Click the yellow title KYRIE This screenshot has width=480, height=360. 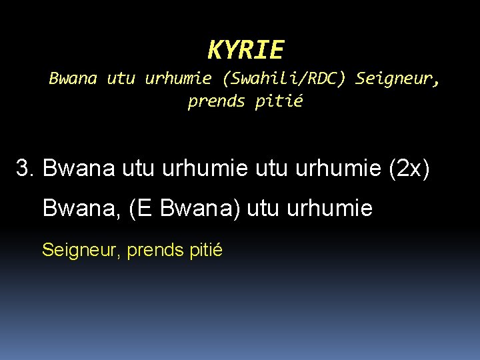pos(245,49)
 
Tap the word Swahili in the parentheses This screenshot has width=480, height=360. pos(263,79)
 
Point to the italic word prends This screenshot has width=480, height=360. pos(217,102)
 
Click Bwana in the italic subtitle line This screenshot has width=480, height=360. pos(73,79)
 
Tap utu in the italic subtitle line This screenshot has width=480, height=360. pos(121,79)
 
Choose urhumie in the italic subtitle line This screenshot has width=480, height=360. pos(178,79)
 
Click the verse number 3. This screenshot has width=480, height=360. pos(25,169)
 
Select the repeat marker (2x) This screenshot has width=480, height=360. pos(409,169)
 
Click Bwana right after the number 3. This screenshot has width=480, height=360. pos(79,169)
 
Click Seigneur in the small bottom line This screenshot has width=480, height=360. pos(80,251)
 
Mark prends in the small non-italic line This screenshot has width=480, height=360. pos(151,251)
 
